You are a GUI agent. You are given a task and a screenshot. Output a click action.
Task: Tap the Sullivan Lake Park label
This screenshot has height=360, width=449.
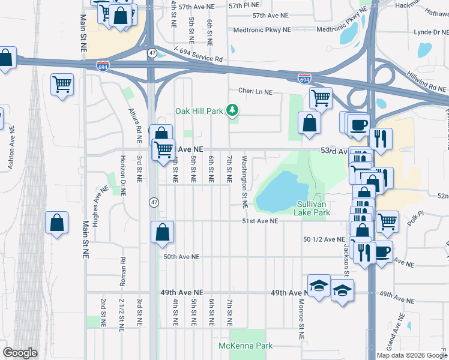click(312, 208)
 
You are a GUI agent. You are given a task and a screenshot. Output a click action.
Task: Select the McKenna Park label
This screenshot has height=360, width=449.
click(245, 346)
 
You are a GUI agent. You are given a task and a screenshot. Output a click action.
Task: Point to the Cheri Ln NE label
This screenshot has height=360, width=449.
click(255, 92)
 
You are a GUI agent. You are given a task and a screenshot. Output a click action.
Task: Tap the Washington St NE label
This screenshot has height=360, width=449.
click(244, 182)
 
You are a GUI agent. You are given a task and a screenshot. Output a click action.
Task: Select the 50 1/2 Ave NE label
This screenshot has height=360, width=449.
click(324, 239)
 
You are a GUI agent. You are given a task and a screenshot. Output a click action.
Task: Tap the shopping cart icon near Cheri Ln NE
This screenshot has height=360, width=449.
click(321, 97)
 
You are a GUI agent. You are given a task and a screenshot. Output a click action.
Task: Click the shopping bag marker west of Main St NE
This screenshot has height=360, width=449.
click(56, 223)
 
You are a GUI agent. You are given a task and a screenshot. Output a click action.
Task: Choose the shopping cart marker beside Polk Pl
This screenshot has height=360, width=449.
click(387, 221)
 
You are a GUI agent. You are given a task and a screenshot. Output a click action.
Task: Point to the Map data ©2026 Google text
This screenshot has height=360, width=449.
click(411, 355)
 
